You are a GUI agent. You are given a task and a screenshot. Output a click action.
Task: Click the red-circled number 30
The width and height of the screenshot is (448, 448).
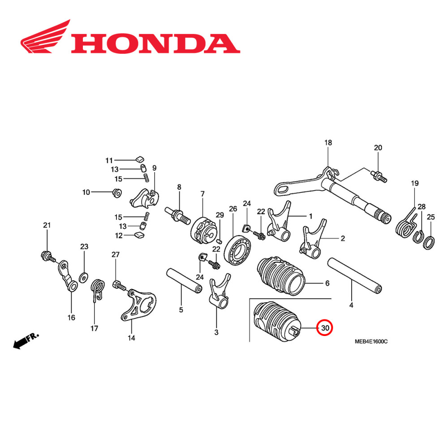324,328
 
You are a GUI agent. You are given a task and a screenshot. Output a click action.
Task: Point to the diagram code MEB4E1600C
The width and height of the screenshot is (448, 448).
371,341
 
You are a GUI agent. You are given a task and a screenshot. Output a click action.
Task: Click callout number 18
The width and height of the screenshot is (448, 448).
328,143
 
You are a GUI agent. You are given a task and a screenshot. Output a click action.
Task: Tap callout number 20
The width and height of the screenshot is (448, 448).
378,148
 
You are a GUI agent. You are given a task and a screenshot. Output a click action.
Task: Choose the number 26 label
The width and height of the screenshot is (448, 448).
233,208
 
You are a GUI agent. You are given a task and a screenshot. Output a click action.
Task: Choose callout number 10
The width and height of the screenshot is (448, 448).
86,193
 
